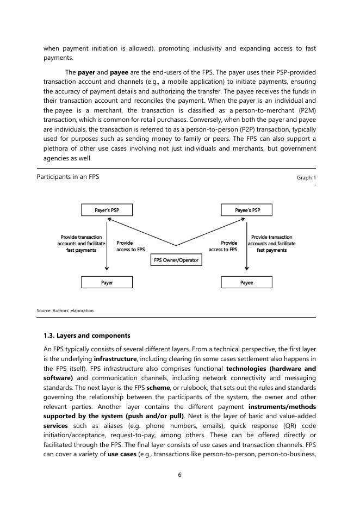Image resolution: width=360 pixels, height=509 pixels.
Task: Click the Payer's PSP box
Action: click(107, 210)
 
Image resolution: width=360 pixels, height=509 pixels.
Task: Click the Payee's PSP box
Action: click(247, 210)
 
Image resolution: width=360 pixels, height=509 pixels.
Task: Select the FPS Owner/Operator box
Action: click(176, 260)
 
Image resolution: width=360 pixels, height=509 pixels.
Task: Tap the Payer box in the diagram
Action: click(107, 283)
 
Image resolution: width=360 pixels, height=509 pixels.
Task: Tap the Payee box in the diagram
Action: click(247, 283)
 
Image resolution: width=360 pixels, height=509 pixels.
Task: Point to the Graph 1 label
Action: click(306, 178)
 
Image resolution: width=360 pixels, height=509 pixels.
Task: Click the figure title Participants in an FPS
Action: click(68, 177)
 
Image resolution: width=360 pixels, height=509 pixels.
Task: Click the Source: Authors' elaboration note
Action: click(65, 311)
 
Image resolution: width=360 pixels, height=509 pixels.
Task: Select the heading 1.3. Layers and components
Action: click(86, 336)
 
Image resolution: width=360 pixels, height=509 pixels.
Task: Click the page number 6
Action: click(179, 475)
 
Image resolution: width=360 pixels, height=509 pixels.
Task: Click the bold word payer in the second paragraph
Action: click(86, 72)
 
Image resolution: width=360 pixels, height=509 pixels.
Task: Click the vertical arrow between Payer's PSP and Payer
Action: click(107, 245)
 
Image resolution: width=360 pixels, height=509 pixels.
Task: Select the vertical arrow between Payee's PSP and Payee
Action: click(247, 245)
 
